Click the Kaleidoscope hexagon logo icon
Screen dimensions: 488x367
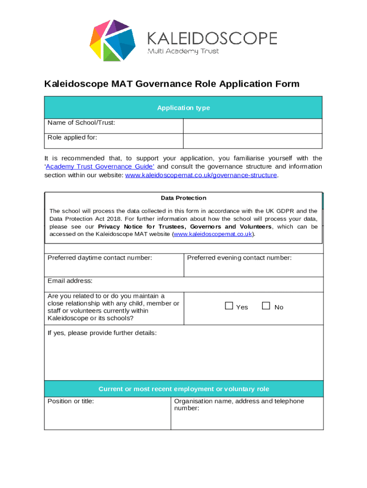[x=112, y=41]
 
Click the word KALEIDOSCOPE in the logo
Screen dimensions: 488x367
[x=212, y=38]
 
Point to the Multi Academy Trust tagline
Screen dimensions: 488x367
[x=183, y=51]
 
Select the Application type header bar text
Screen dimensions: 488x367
[x=183, y=108]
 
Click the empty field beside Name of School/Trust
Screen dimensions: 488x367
[x=253, y=126]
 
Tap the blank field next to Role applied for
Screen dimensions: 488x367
[x=253, y=141]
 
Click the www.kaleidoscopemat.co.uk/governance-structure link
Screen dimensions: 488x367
[x=201, y=175]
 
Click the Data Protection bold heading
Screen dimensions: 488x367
[x=183, y=198]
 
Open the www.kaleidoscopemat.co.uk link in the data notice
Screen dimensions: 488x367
[x=213, y=234]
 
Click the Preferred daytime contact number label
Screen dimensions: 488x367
[x=100, y=258]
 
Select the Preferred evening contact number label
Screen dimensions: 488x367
[x=239, y=258]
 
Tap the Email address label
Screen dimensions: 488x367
[x=70, y=281]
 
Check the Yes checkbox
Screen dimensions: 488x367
[x=229, y=306]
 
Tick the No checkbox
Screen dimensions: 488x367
[x=266, y=306]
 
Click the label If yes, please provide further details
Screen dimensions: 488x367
[x=102, y=333]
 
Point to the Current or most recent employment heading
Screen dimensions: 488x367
[x=183, y=389]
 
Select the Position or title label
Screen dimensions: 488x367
[x=71, y=401]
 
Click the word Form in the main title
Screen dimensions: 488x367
[x=287, y=84]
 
